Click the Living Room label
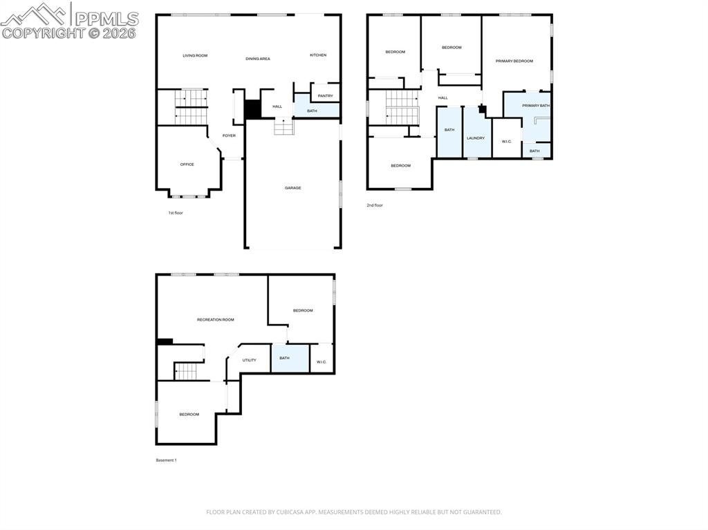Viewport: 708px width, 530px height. pos(195,55)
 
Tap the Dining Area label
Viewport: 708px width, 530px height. pos(257,59)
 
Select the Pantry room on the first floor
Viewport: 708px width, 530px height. pos(325,95)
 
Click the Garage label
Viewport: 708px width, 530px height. pos(292,188)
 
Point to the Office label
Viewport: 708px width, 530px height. pos(187,164)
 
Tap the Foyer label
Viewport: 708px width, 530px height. pos(229,135)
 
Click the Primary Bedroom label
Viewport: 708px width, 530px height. pos(514,61)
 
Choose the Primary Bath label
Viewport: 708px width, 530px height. pos(536,106)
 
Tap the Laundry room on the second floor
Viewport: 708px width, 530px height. pos(476,138)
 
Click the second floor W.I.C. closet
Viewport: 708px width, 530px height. pos(506,141)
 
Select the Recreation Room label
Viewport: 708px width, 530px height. pos(215,319)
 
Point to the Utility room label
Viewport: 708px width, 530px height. pos(250,360)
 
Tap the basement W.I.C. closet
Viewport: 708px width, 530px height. pos(321,361)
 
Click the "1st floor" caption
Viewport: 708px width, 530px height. pos(176,213)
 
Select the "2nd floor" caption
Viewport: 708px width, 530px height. pos(374,205)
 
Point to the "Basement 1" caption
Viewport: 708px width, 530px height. pos(166,460)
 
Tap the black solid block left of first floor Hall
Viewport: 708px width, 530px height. pos(252,109)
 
